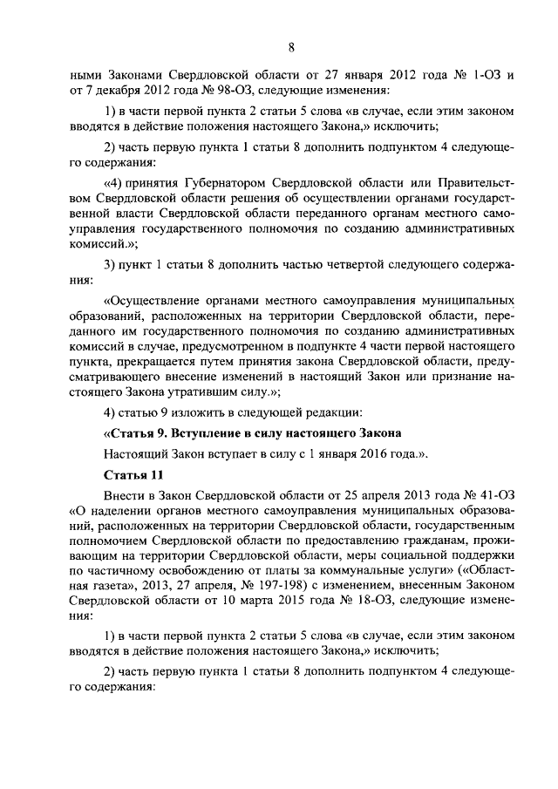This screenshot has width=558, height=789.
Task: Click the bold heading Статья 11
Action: pyautogui.click(x=133, y=474)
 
